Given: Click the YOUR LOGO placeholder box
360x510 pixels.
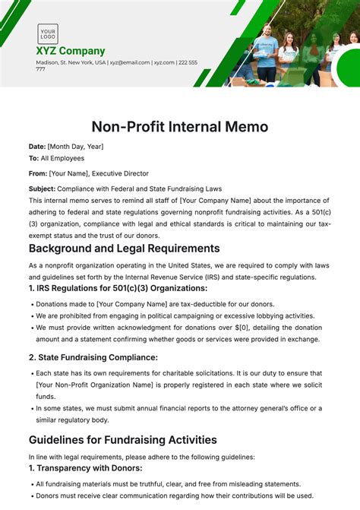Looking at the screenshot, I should pyautogui.click(x=48, y=33).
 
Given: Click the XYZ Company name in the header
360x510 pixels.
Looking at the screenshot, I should pyautogui.click(x=71, y=51).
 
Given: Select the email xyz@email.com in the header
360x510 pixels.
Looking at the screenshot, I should pyautogui.click(x=129, y=62).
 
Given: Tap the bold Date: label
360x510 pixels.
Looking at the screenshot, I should pyautogui.click(x=37, y=146).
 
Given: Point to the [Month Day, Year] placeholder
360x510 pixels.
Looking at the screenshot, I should pyautogui.click(x=75, y=146).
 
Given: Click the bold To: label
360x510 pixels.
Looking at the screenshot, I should pyautogui.click(x=34, y=158).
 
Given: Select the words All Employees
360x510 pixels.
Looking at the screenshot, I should pyautogui.click(x=63, y=158).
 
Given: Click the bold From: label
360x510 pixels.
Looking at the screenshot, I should pyautogui.click(x=37, y=173).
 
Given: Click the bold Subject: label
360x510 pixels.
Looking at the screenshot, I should pyautogui.click(x=42, y=188).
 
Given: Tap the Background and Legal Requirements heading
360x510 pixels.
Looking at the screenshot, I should pyautogui.click(x=124, y=248).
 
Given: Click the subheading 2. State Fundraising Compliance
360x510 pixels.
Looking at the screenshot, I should pyautogui.click(x=93, y=356).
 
